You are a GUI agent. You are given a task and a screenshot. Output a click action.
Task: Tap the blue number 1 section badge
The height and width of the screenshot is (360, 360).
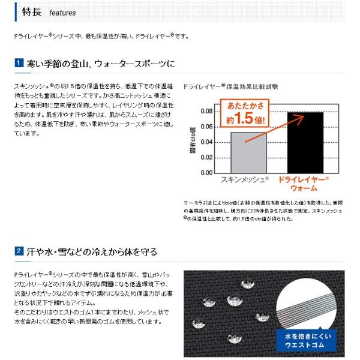pos(19,63)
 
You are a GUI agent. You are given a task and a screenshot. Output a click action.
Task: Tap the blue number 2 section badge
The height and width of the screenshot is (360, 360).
pos(19,251)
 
